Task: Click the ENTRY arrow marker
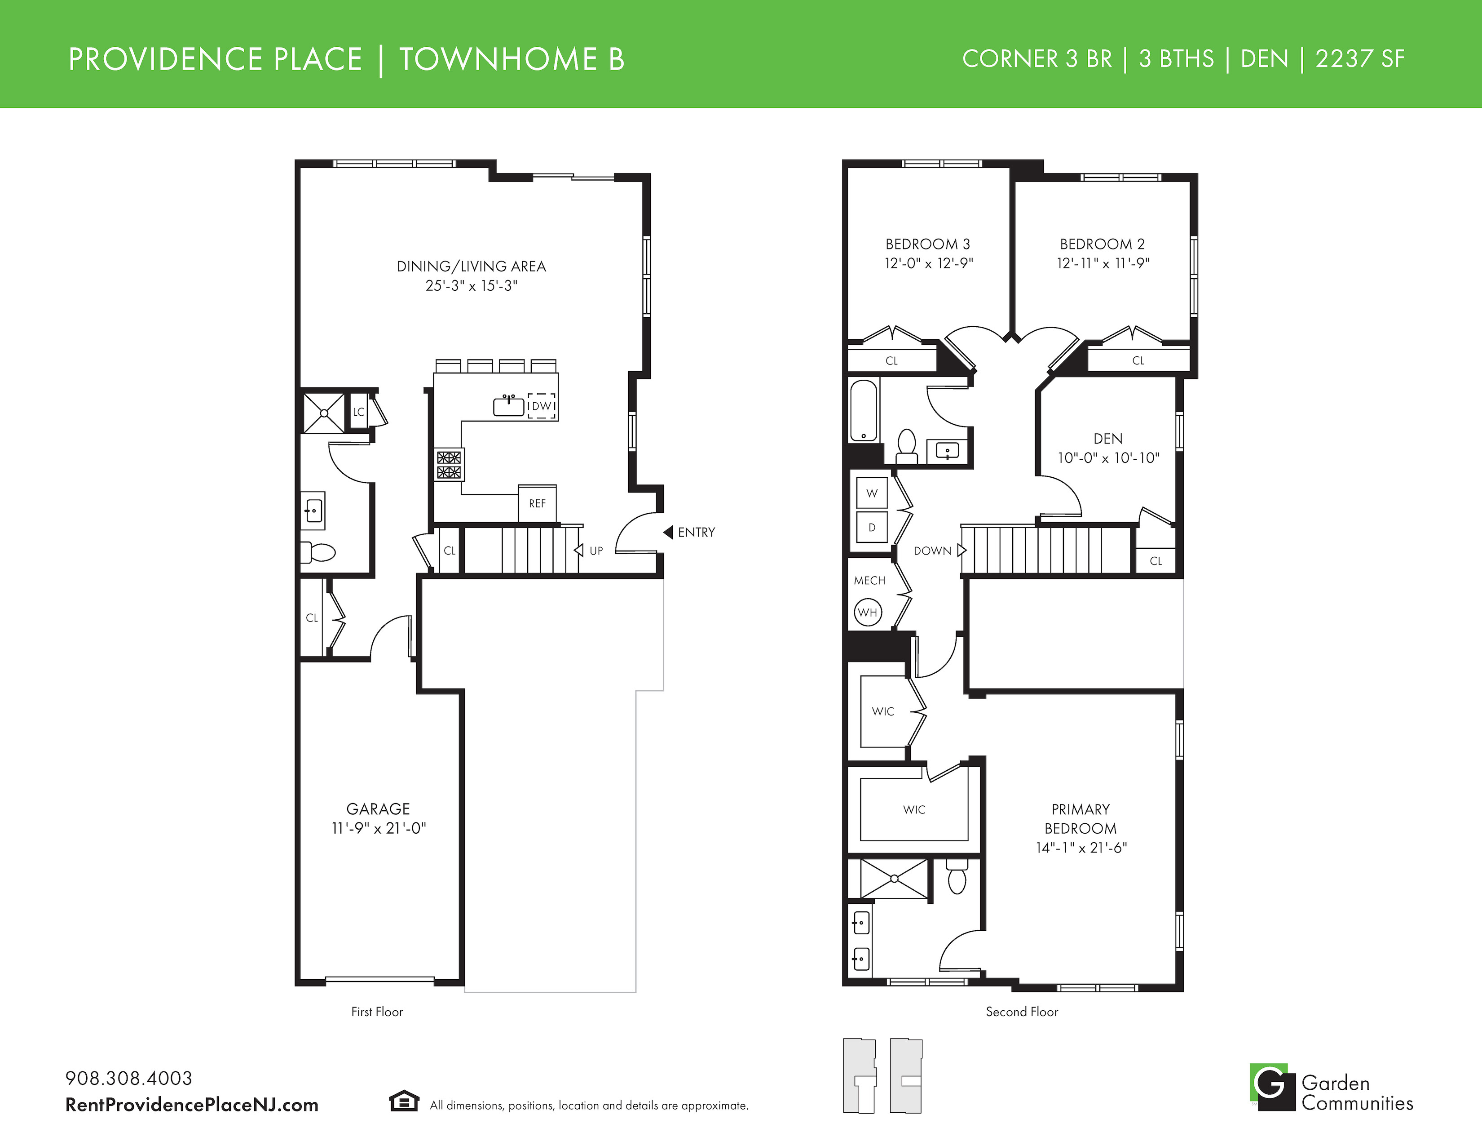[x=668, y=532]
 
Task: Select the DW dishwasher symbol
[x=542, y=406]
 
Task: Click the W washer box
[x=872, y=493]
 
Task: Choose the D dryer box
[x=872, y=528]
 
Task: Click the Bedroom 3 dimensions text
[x=928, y=263]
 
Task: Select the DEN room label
[x=1108, y=439]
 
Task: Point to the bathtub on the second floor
[x=864, y=411]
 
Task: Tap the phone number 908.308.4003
[x=129, y=1078]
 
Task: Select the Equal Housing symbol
[x=404, y=1101]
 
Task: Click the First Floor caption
[x=377, y=1012]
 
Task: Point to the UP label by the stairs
[x=596, y=551]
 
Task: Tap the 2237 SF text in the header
[x=1360, y=59]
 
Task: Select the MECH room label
[x=869, y=581]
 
